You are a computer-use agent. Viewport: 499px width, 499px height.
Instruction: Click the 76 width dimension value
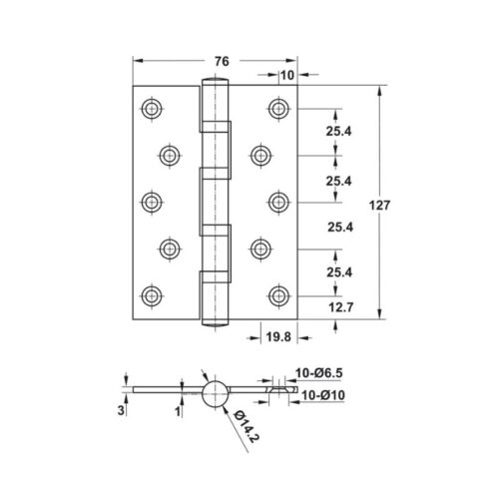point(221,61)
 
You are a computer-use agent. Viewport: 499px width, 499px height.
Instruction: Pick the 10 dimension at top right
point(287,75)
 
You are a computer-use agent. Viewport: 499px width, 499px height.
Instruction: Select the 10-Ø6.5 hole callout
point(319,374)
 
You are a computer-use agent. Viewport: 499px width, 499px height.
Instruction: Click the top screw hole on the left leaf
point(152,107)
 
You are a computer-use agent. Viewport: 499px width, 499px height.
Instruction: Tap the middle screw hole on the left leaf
point(152,201)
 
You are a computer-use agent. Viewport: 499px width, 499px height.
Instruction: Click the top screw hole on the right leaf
point(277,107)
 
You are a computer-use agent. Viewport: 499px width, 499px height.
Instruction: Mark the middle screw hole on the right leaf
point(277,201)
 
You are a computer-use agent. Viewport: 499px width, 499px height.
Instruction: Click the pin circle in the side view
point(215,392)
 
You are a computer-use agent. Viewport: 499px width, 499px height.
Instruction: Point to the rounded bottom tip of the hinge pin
point(215,320)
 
